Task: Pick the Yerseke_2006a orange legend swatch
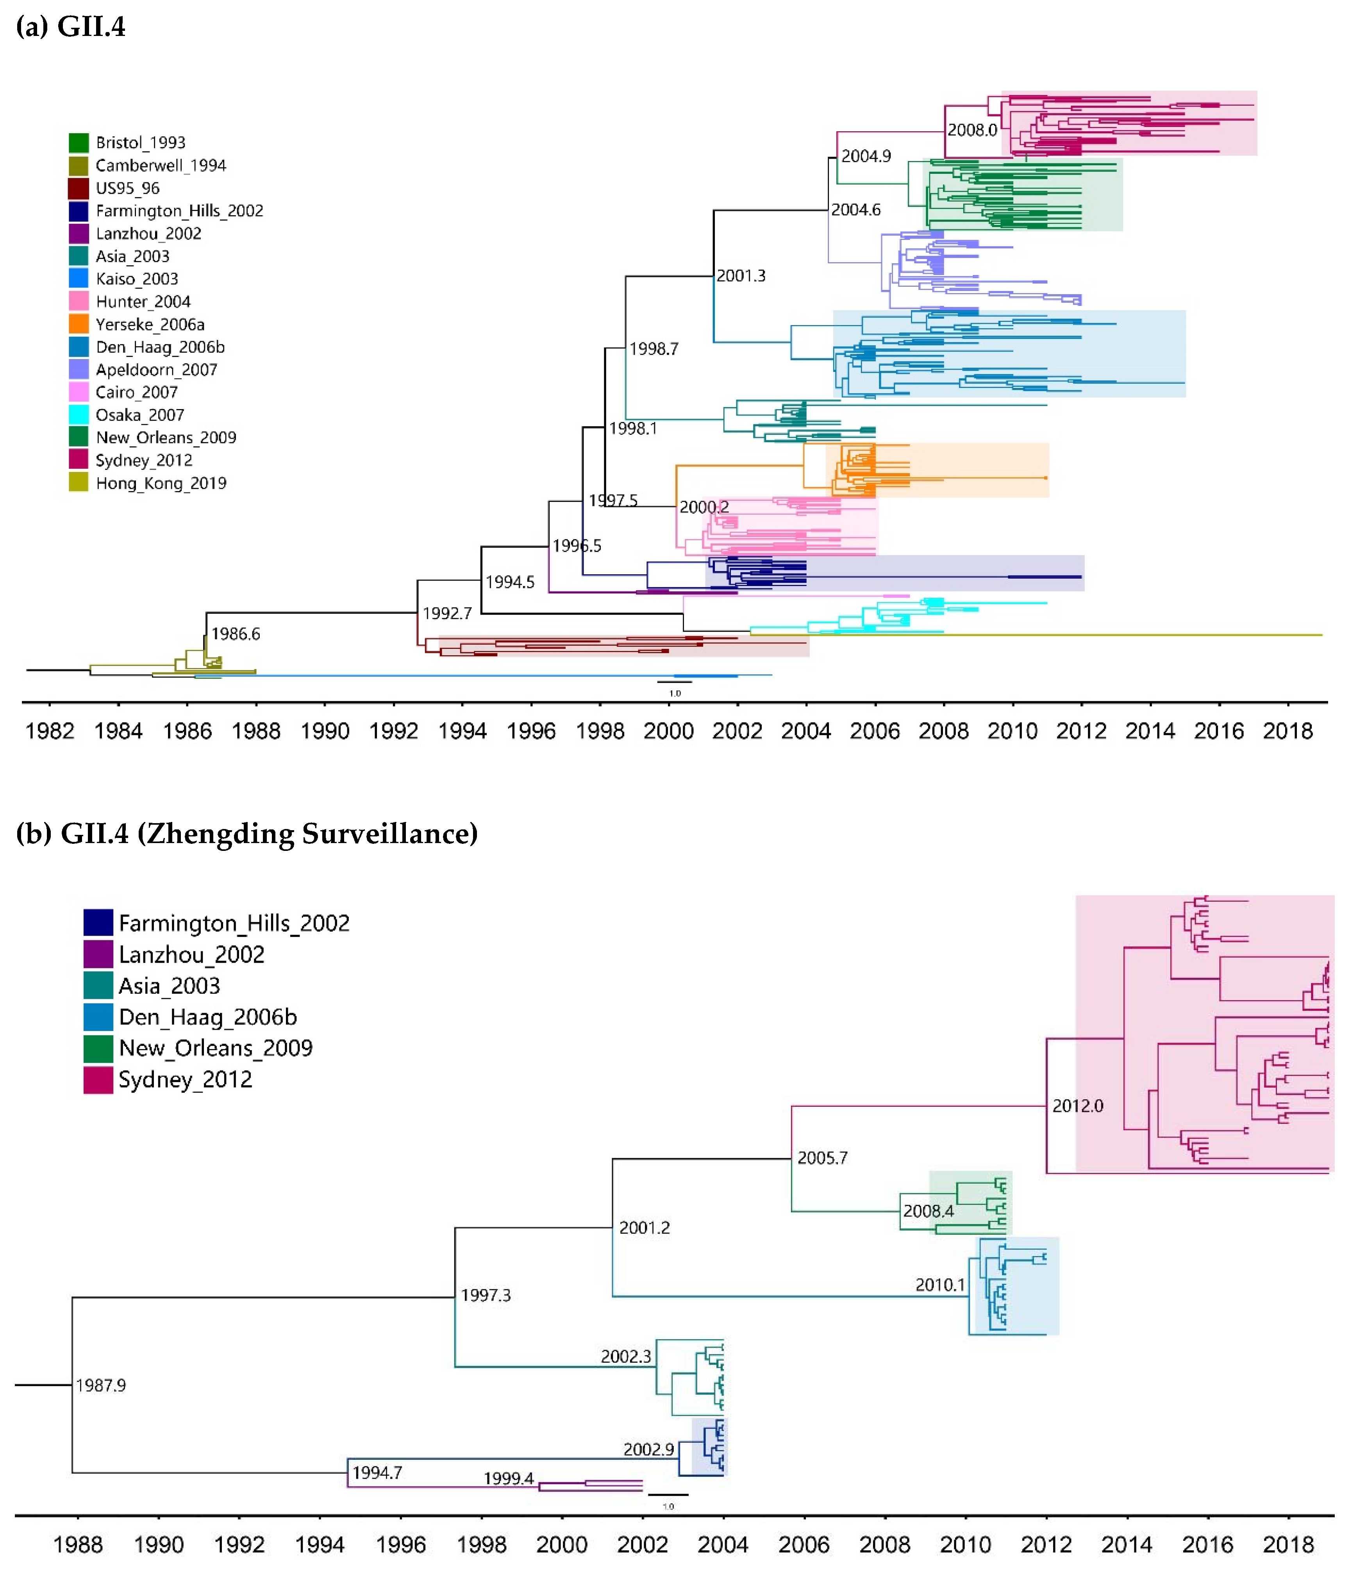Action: point(79,324)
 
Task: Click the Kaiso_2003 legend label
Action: point(137,279)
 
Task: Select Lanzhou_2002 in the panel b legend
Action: point(191,954)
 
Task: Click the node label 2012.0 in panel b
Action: point(1077,1106)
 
